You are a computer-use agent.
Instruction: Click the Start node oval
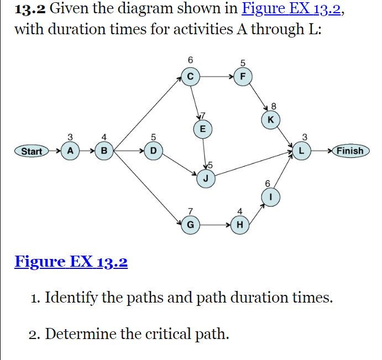[x=31, y=151]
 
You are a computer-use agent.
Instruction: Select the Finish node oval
[x=350, y=151]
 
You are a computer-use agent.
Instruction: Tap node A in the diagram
[x=70, y=150]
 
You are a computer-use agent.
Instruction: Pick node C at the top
[x=190, y=77]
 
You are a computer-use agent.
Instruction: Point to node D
[x=153, y=150]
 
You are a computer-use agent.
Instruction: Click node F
[x=243, y=77]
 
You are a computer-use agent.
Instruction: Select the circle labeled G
[x=190, y=224]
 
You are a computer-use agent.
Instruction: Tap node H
[x=239, y=224]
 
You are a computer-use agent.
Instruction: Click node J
[x=206, y=178]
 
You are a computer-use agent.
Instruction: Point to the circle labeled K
[x=270, y=120]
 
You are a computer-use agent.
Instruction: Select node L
[x=302, y=150]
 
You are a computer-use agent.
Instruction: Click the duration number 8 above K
[x=273, y=105]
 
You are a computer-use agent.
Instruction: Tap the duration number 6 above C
[x=190, y=59]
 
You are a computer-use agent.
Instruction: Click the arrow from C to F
[x=216, y=77]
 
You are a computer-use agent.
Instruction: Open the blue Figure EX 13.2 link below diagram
[x=71, y=261]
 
